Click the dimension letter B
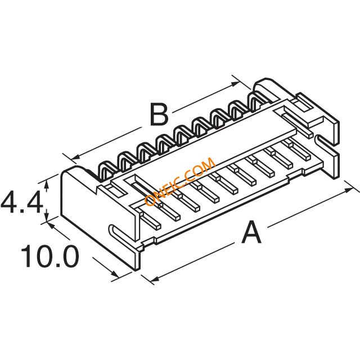(159, 114)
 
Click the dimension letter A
(251, 232)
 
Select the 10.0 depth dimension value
(50, 256)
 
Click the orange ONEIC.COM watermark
(180, 181)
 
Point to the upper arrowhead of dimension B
(235, 84)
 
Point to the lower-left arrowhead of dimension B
(75, 157)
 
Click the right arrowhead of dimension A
(349, 190)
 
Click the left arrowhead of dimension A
(155, 279)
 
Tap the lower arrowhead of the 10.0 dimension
(115, 274)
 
